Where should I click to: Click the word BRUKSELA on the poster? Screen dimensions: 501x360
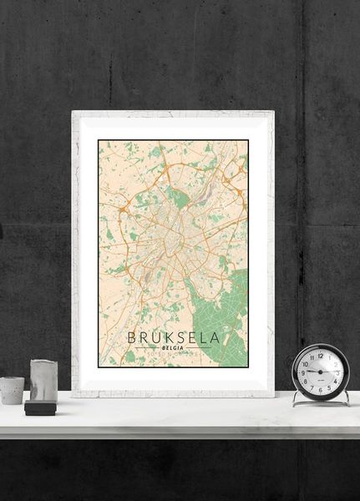[174, 338]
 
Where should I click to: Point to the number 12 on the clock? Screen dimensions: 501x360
[321, 354]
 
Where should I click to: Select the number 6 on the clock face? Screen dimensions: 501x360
[321, 389]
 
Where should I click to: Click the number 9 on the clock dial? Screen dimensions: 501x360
[302, 372]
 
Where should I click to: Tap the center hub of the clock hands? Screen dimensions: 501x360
[321, 372]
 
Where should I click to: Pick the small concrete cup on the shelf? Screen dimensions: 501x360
[12, 390]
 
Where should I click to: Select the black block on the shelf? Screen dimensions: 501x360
[39, 408]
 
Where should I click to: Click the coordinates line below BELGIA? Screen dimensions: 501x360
[174, 357]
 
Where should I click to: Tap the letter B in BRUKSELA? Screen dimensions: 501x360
[131, 338]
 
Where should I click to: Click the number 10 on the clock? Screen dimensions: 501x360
[305, 362]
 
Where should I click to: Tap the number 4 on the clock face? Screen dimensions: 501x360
[336, 381]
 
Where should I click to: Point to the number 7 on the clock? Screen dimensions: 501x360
[312, 387]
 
